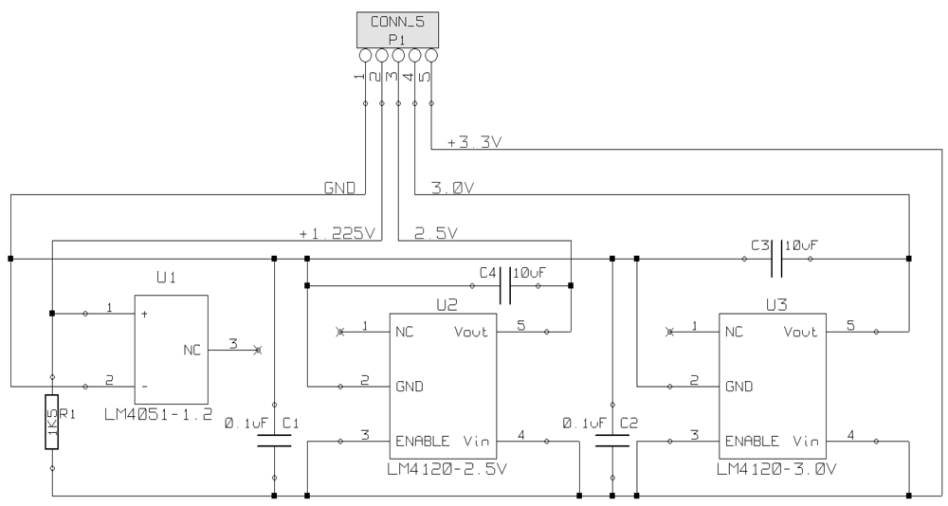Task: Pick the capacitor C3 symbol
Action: (775, 257)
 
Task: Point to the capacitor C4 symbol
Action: (505, 285)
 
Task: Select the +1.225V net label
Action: (336, 232)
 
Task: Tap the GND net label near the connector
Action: (339, 189)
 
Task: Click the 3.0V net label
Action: (451, 188)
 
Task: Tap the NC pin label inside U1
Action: (191, 350)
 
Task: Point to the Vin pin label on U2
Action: (476, 442)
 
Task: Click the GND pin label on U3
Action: (738, 387)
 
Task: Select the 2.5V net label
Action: (437, 232)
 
